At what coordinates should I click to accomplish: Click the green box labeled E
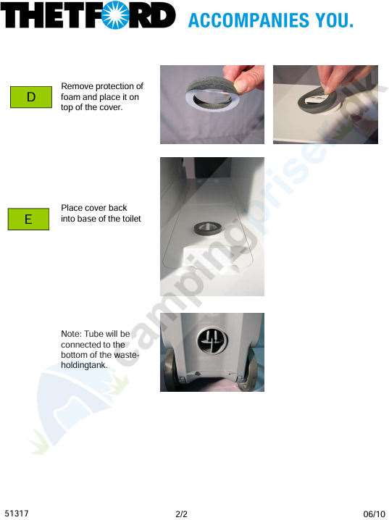tap(28, 219)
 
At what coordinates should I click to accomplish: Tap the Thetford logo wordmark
tap(88, 16)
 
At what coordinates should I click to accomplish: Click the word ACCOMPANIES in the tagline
tap(243, 20)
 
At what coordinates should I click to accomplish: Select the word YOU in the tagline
tap(335, 20)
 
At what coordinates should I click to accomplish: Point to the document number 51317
tap(16, 513)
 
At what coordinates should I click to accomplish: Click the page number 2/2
tap(182, 514)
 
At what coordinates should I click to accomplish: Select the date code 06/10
tap(374, 513)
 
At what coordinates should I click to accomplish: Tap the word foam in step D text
tap(71, 97)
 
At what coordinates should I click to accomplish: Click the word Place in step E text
tap(72, 208)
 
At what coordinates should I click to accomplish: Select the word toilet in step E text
tap(130, 219)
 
